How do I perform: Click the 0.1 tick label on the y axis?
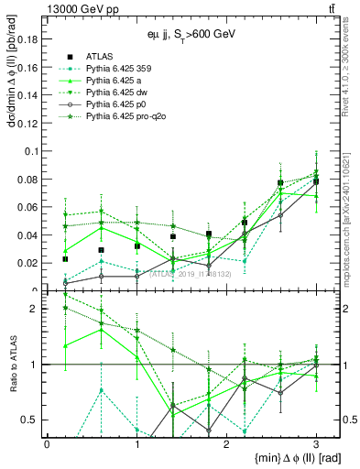pyautogui.click(x=30, y=151)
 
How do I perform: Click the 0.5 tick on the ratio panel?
pyautogui.click(x=30, y=420)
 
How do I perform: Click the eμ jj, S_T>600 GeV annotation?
pyautogui.click(x=183, y=34)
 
